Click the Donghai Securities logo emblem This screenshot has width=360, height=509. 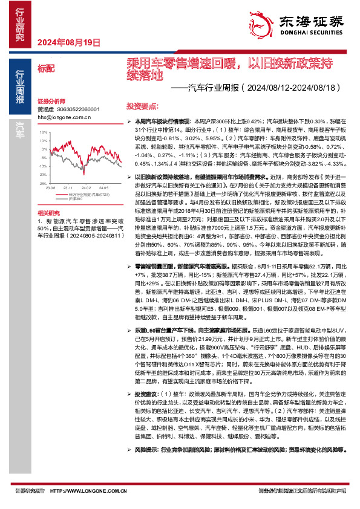263,21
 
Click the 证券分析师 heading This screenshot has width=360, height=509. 51,100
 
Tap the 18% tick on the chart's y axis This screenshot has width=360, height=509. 42,131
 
